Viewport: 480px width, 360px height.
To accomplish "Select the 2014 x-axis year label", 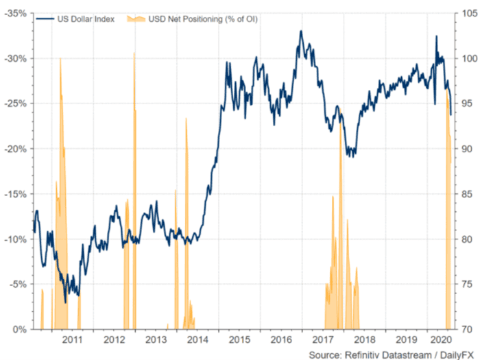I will [x=197, y=339].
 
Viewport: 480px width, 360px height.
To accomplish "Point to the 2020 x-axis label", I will [x=437, y=339].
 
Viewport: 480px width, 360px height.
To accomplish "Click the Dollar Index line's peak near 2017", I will [x=300, y=31].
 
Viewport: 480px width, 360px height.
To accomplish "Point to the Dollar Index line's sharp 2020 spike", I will [x=437, y=36].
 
